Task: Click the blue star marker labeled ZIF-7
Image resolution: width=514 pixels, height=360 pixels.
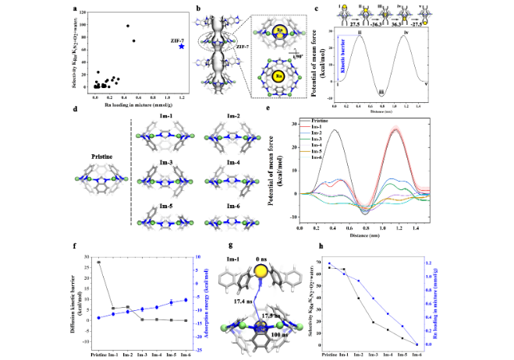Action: (x=181, y=47)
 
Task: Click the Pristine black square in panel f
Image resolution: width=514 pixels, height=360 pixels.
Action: (x=99, y=262)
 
